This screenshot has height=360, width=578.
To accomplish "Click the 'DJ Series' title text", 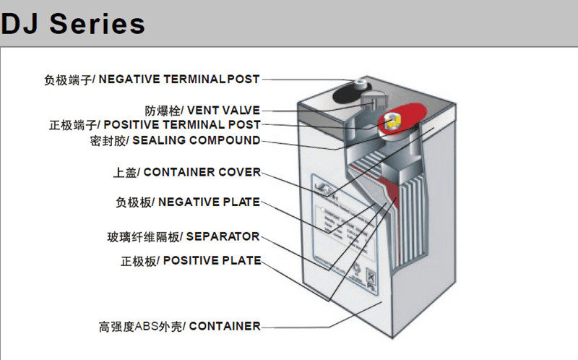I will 73,24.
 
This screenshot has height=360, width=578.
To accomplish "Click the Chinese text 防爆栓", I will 160,111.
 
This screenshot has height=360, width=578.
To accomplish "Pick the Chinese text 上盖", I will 124,173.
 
